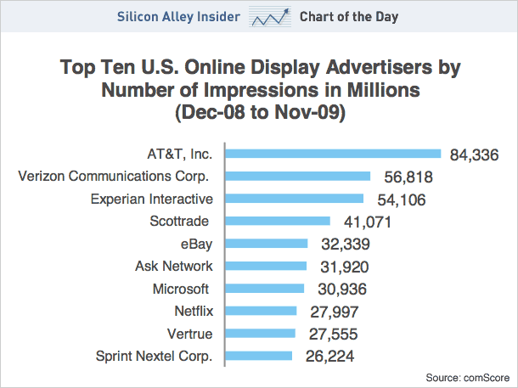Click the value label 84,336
(472, 155)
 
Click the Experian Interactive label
(151, 199)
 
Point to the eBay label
(196, 244)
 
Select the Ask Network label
(173, 266)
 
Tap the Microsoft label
(180, 289)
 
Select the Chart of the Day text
(348, 17)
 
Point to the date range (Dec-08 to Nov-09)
(258, 111)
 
